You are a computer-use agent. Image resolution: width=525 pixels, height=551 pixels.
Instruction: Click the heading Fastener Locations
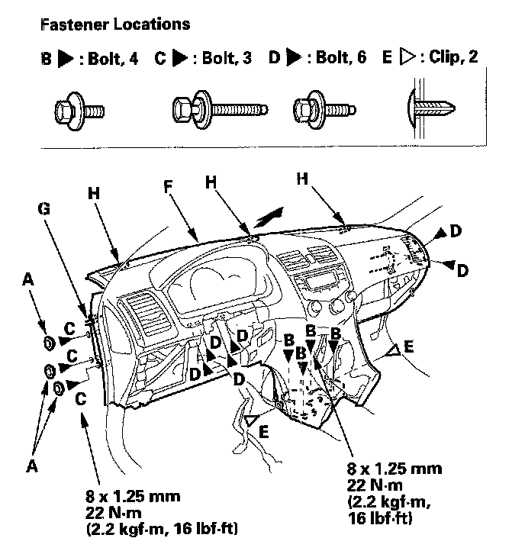click(x=114, y=24)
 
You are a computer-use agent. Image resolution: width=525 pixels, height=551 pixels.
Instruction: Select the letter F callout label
click(x=166, y=185)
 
